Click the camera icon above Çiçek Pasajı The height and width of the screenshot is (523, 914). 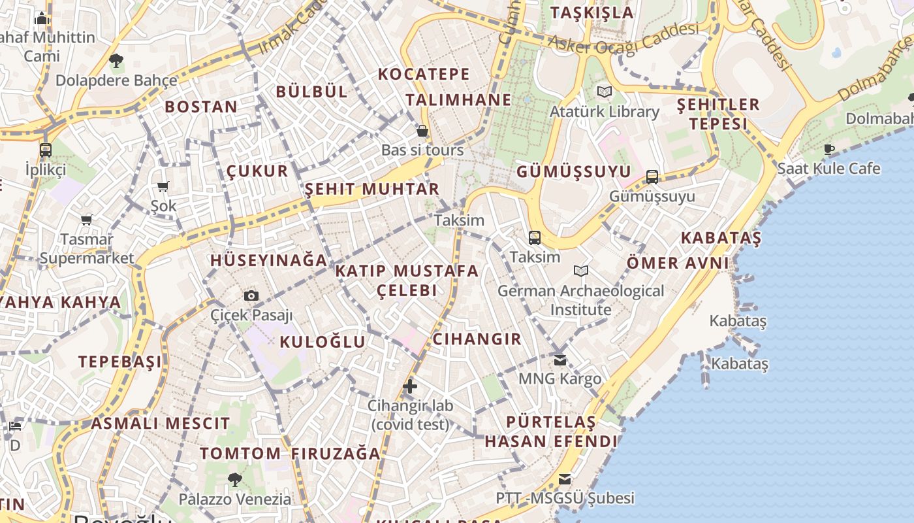click(251, 296)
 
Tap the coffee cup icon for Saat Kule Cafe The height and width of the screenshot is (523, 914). click(828, 150)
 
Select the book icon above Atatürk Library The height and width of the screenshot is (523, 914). click(605, 92)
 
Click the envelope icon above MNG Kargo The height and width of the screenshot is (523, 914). click(560, 360)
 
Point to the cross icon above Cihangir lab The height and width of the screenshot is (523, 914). click(410, 386)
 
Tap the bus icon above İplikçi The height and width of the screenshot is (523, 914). click(46, 150)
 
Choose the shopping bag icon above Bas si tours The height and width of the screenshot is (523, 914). click(422, 131)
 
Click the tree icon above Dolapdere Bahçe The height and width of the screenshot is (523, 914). click(116, 61)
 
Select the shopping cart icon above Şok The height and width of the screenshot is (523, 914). click(163, 187)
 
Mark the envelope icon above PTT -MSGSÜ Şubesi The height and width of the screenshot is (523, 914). click(565, 479)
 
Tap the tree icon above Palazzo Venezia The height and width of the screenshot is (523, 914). click(235, 480)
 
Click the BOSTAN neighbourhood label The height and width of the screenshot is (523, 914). click(201, 107)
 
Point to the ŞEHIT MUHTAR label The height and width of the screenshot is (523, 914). click(372, 190)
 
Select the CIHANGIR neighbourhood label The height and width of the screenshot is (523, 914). click(477, 339)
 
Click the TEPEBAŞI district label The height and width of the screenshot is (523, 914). click(120, 362)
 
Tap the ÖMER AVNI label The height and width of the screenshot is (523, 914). click(678, 263)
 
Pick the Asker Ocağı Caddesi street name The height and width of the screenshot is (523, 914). click(623, 39)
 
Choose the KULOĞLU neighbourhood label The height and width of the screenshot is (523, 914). click(323, 342)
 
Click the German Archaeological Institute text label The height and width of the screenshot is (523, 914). click(580, 300)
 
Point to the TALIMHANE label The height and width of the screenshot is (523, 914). click(458, 100)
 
